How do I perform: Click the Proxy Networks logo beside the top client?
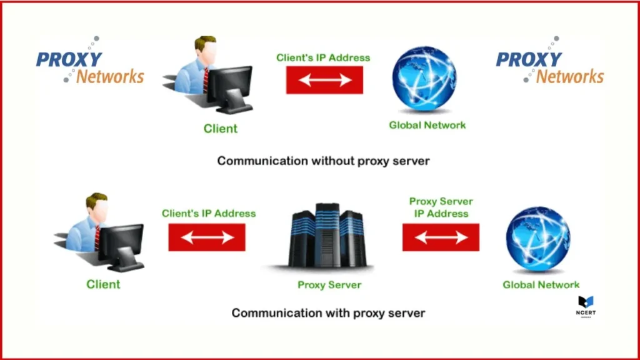[x=90, y=67]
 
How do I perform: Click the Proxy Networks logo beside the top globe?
[x=550, y=67]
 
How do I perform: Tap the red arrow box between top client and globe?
[x=324, y=80]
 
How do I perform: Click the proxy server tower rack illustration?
[x=327, y=236]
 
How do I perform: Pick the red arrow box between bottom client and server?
[x=207, y=237]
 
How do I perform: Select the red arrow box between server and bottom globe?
[x=441, y=237]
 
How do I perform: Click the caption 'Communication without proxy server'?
[x=323, y=161]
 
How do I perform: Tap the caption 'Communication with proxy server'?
[x=328, y=312]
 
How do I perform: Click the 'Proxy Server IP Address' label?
[x=441, y=207]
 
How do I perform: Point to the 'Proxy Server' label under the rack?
[x=329, y=285]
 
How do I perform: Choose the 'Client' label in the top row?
[x=221, y=129]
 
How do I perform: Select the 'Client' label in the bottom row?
[x=103, y=284]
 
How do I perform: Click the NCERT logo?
[x=586, y=306]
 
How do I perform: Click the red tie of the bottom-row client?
[x=97, y=237]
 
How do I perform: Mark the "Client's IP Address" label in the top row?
[x=323, y=57]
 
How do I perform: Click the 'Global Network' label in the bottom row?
[x=541, y=285]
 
